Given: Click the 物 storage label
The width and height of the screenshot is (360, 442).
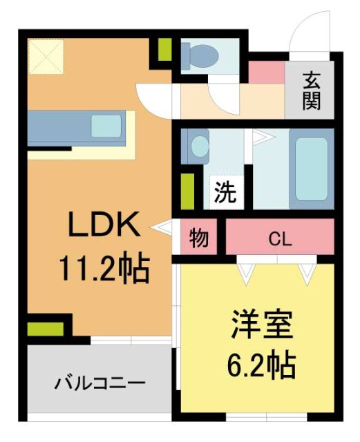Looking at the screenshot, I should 198,239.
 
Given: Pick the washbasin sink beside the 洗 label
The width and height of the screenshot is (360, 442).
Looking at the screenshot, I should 200,146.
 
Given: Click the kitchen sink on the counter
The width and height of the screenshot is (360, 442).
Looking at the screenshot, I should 106,125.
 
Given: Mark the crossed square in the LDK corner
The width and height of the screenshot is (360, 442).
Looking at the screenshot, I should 46,57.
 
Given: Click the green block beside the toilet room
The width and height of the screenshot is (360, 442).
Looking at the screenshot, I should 164,50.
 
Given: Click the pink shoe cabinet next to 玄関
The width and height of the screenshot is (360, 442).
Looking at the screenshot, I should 266,72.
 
